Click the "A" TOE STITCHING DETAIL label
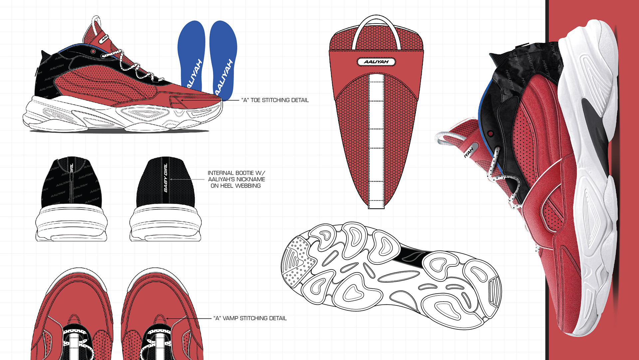[x=275, y=100]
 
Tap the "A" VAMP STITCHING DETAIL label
[x=250, y=318]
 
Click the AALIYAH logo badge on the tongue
[x=376, y=62]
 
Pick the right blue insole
[x=224, y=60]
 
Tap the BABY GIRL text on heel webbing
[x=166, y=178]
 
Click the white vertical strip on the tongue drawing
[x=376, y=140]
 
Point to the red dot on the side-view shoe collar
[x=94, y=52]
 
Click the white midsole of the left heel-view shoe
[x=71, y=223]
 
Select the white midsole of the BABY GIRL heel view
[x=165, y=223]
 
